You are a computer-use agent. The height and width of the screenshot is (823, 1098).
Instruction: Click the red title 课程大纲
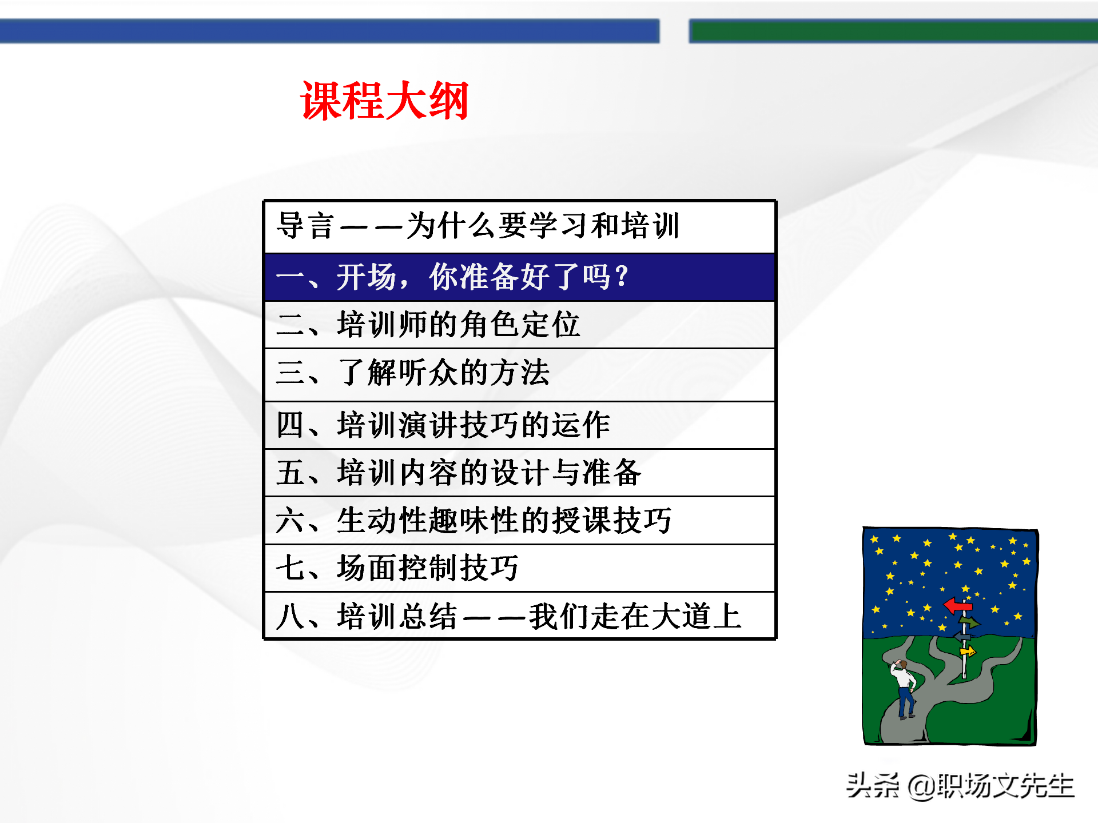click(x=384, y=101)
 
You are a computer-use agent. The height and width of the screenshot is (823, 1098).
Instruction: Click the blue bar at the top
click(x=329, y=31)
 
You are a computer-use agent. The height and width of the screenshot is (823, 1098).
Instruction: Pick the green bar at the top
click(x=892, y=31)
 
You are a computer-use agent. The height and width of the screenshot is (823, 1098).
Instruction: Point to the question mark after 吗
click(x=623, y=277)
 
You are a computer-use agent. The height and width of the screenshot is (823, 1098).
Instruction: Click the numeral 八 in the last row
click(x=289, y=617)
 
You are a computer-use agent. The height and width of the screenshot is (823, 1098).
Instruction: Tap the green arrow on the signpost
click(x=968, y=621)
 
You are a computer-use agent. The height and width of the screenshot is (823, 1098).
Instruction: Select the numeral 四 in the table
click(x=289, y=425)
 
